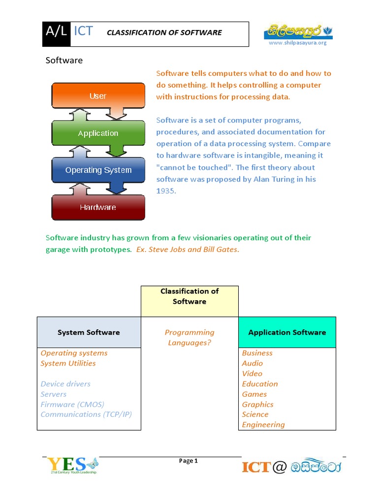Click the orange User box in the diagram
coord(98,96)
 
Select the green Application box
coord(98,133)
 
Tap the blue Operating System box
coord(98,170)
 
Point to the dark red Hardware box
coord(98,207)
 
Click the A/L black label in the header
coord(56,32)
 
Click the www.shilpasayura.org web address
coord(297,43)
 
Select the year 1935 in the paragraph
coord(166,191)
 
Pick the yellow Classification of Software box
coord(189,301)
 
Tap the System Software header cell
coord(89,332)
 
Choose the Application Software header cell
coord(287,332)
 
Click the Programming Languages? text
coord(189,338)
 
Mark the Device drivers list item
coord(65,384)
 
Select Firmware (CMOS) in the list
coord(72,405)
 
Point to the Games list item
coord(254,394)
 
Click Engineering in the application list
coord(263,425)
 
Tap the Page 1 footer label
coord(189,461)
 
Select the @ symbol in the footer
coord(279,467)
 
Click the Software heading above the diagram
coord(64,61)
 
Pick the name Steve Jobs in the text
coord(167,250)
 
